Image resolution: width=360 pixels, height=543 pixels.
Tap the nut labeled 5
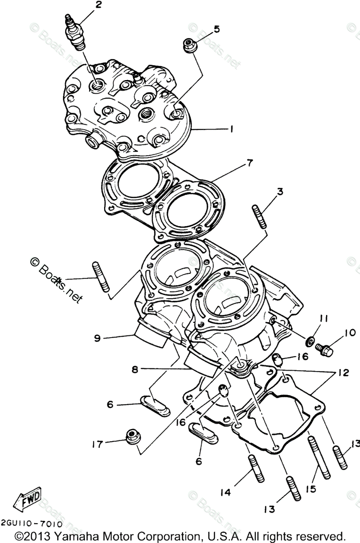[x=189, y=44]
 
